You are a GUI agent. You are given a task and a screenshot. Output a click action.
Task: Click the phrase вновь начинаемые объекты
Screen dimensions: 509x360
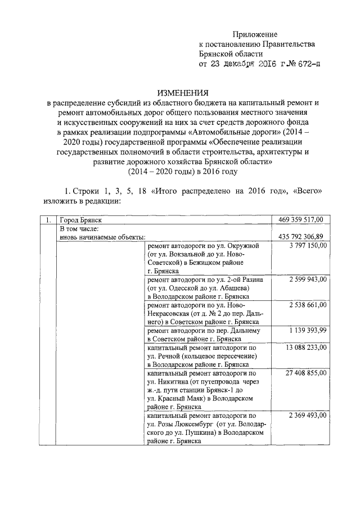103,237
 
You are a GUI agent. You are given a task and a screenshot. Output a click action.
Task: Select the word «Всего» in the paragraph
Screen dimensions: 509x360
307,192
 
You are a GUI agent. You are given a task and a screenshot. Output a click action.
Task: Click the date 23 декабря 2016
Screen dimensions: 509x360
242,65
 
